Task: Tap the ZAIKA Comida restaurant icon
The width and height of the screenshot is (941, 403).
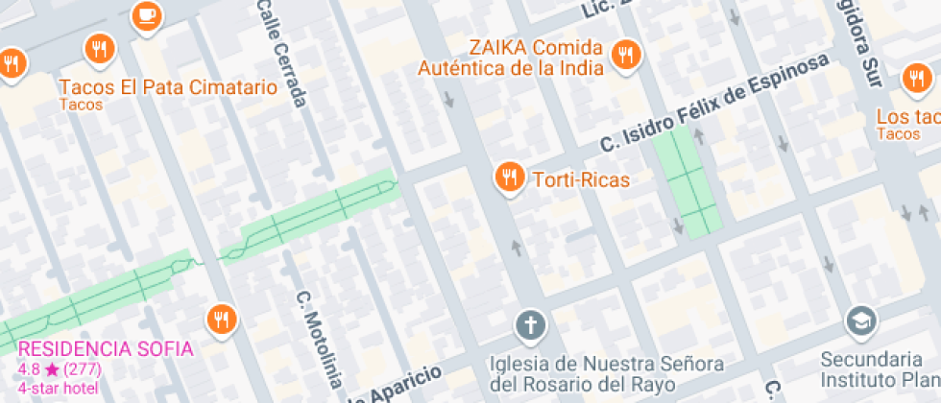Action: (627, 55)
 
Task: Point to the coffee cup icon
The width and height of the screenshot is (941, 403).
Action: (146, 14)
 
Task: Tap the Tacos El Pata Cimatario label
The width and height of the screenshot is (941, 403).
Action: (168, 87)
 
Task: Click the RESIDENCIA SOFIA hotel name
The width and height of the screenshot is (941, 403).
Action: (106, 348)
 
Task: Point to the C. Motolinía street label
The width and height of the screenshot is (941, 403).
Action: (317, 341)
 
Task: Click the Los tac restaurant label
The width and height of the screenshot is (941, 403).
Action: (907, 117)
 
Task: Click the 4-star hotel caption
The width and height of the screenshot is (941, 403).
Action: (58, 389)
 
